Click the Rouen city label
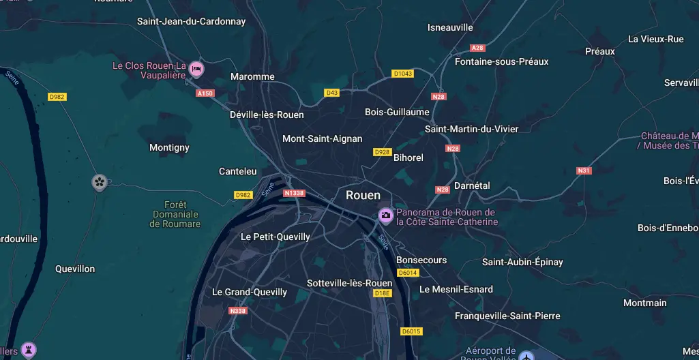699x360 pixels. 363,195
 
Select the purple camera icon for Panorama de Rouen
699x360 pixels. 385,215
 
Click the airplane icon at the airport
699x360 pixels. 526,356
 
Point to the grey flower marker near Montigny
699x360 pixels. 100,181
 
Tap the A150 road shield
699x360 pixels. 205,93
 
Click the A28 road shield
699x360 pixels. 477,48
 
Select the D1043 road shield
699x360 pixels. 402,74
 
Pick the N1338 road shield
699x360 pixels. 294,193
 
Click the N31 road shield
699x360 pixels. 584,170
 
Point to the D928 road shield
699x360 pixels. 382,152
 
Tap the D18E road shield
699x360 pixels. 383,293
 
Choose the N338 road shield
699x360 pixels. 238,311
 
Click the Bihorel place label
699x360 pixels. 408,157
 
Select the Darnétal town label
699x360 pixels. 472,185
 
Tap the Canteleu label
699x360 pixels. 237,171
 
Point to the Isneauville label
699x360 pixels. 450,27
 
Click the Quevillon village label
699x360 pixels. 75,269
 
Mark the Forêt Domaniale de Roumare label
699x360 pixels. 175,214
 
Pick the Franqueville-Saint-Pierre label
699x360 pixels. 507,316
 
